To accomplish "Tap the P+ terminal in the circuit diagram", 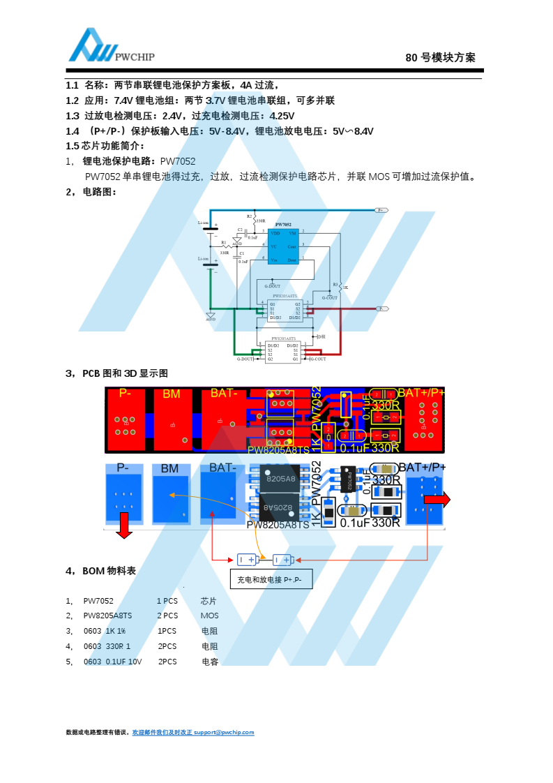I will pyautogui.click(x=381, y=210).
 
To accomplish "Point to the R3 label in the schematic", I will pyautogui.click(x=335, y=284).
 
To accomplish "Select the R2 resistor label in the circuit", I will pyautogui.click(x=249, y=216).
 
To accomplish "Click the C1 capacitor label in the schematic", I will pyautogui.click(x=242, y=253).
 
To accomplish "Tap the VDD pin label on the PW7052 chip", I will pyautogui.click(x=275, y=232).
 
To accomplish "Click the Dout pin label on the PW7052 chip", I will pyautogui.click(x=291, y=260).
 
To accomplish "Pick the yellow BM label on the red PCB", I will pyautogui.click(x=171, y=394).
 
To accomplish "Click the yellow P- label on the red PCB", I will pyautogui.click(x=125, y=393).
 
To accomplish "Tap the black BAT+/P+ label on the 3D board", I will pyautogui.click(x=422, y=467).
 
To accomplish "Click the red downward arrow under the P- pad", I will pyautogui.click(x=124, y=525).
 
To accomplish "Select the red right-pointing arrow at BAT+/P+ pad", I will pyautogui.click(x=437, y=499).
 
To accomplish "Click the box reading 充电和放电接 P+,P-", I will pyautogui.click(x=271, y=579).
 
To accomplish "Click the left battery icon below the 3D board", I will pyautogui.click(x=247, y=559).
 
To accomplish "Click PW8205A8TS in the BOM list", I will pyautogui.click(x=107, y=616).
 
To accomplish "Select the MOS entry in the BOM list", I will pyautogui.click(x=209, y=616).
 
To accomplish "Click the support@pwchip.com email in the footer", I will pyautogui.click(x=224, y=732).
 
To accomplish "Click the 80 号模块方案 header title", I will pyautogui.click(x=440, y=58).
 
